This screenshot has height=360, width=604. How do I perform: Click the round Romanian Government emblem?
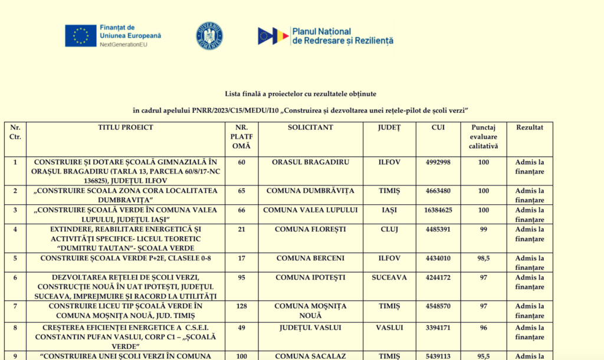click(209, 36)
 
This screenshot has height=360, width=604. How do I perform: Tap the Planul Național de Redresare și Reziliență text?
click(343, 36)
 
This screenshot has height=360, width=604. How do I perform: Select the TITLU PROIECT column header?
click(126, 127)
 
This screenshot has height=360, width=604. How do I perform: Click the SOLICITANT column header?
click(310, 127)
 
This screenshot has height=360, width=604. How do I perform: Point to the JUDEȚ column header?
click(389, 127)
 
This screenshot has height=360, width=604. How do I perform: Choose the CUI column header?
click(438, 127)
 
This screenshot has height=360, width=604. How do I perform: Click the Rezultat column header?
click(530, 127)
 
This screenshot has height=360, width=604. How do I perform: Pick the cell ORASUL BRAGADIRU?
click(310, 162)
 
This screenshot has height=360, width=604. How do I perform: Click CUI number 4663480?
click(438, 191)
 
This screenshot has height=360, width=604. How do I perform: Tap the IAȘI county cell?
click(389, 210)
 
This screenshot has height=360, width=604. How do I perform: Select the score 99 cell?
click(484, 230)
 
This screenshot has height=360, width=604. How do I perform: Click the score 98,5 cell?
click(484, 258)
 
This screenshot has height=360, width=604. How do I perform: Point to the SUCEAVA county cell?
click(389, 277)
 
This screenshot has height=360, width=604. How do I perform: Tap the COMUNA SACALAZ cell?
click(310, 356)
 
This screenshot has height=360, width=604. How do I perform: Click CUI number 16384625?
click(438, 210)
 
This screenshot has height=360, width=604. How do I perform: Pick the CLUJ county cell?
click(389, 230)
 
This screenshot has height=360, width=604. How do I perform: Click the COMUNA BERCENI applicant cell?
click(310, 258)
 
